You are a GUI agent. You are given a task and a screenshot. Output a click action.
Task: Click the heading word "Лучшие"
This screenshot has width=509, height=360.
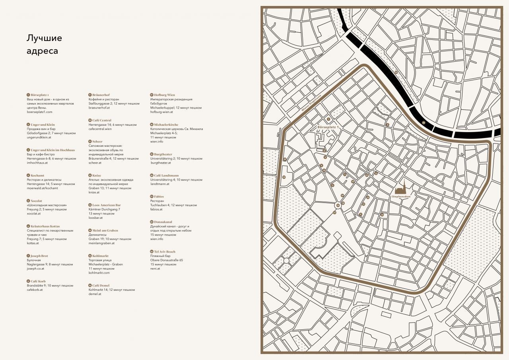tap(44, 38)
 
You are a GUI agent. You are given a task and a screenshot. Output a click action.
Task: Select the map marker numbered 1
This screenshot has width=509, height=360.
tap(328, 119)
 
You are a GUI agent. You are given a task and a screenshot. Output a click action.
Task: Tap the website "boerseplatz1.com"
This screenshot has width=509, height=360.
tap(39, 112)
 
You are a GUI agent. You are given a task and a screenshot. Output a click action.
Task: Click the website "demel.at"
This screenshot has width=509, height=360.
tap(95, 294)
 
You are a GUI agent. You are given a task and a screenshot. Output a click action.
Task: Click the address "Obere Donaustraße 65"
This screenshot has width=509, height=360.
tap(167, 260)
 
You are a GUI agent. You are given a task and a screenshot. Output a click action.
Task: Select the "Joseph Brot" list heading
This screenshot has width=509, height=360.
tap(39, 256)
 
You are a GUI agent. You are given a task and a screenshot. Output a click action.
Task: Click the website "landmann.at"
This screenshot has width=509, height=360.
tap(159, 184)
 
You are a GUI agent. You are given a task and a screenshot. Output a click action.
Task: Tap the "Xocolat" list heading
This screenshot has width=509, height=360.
tap(36, 201)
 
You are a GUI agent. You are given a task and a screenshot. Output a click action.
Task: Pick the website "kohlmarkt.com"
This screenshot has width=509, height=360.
tap(99, 273)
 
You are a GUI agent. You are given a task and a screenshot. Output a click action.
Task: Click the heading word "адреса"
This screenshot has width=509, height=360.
tap(42, 51)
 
